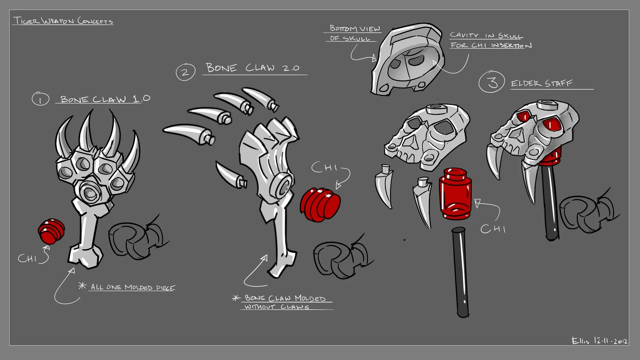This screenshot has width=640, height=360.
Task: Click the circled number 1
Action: coord(41,99)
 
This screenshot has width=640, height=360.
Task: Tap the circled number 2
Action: coord(185,72)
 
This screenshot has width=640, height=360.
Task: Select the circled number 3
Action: coord(492,82)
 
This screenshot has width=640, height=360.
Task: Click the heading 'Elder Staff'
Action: coord(542,83)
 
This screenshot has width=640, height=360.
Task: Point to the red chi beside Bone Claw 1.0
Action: coord(51,231)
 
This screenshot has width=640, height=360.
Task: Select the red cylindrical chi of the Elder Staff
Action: coord(455,193)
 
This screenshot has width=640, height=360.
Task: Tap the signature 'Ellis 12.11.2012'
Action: coord(599,341)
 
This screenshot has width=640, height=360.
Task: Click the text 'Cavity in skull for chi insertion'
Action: coord(490,40)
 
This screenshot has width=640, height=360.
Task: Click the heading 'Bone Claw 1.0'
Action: coord(105,99)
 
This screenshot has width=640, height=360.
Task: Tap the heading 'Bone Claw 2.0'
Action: coord(253,68)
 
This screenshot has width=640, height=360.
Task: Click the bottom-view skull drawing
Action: coord(408,60)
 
